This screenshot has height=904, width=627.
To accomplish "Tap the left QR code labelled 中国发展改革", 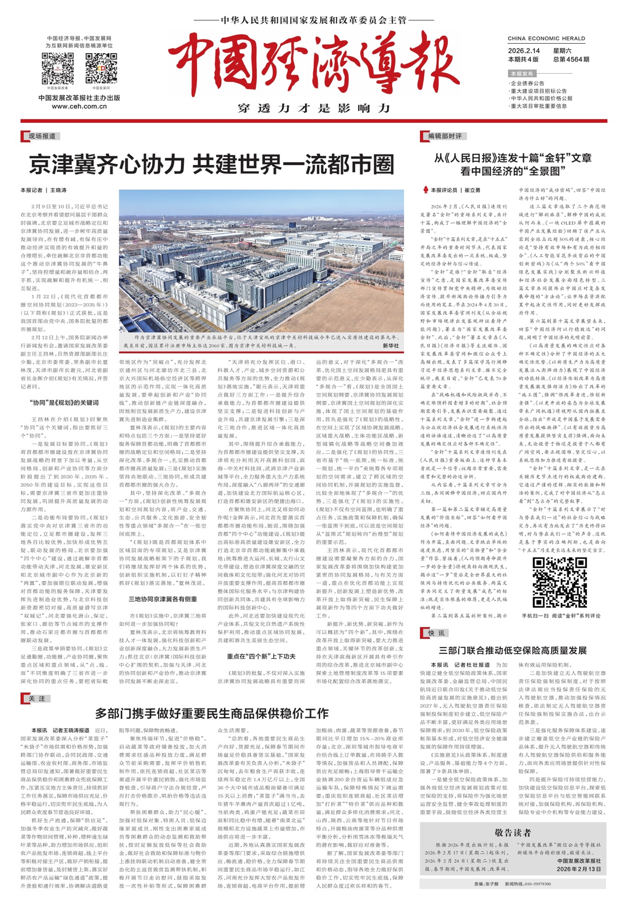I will coord(58,69).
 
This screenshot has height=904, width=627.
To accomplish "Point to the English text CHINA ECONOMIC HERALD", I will coord(546,38).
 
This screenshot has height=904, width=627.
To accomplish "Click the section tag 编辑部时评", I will coord(445,136).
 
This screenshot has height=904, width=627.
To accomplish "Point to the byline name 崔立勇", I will coord(472,190).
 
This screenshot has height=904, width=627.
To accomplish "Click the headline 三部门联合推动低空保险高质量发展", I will coord(513,650).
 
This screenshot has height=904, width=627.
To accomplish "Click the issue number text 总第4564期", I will coord(571,59).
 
